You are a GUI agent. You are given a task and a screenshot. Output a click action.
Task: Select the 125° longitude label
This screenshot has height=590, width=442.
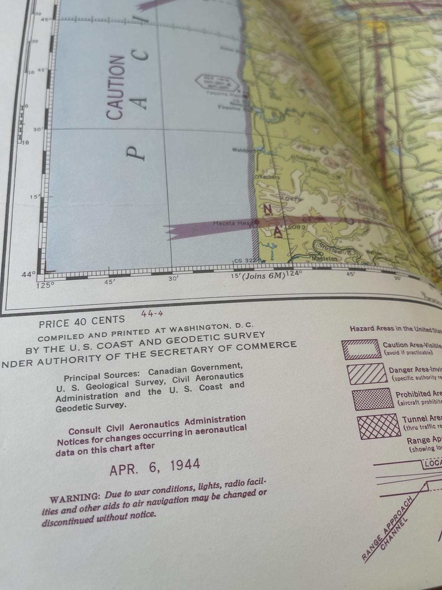point(46,286)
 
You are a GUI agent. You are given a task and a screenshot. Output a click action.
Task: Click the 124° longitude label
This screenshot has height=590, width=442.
point(293,274)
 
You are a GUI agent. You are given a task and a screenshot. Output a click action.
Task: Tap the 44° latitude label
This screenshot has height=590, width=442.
point(29,274)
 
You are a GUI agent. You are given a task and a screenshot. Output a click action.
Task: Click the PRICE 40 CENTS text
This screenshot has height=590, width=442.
point(82,321)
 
